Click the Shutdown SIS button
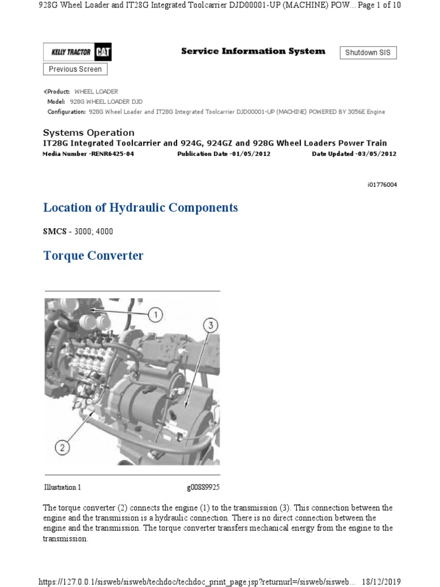(368, 53)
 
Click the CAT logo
(103, 53)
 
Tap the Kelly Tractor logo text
(70, 53)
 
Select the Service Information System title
(253, 51)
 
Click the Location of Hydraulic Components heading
(140, 208)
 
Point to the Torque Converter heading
(93, 256)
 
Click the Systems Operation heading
(89, 132)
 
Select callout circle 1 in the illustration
(155, 314)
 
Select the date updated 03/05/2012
(375, 154)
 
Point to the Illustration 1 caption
(62, 487)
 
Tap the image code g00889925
(203, 487)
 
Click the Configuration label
(66, 112)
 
